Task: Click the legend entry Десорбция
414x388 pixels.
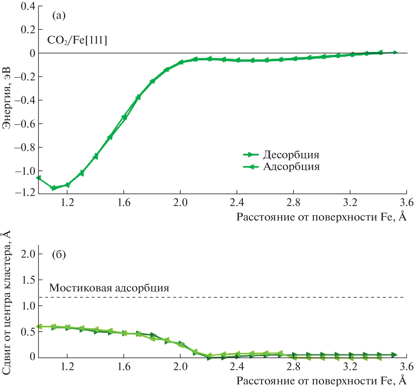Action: [291, 155]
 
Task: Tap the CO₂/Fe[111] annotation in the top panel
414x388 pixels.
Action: [77, 40]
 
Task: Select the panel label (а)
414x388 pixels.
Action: [59, 15]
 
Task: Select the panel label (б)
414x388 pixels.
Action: [59, 254]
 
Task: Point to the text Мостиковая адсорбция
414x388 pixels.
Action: [109, 288]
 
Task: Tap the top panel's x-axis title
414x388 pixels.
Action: [321, 217]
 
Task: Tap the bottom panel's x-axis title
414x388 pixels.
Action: [321, 380]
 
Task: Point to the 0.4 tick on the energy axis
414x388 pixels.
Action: [28, 6]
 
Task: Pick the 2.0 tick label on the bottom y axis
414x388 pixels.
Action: [28, 254]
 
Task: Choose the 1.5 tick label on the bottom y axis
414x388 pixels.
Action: [28, 280]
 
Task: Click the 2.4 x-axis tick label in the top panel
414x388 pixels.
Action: [237, 202]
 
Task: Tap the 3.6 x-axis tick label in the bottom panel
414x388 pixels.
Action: [406, 366]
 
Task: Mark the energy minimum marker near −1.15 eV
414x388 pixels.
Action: [53, 188]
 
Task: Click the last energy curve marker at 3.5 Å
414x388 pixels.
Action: [395, 52]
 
